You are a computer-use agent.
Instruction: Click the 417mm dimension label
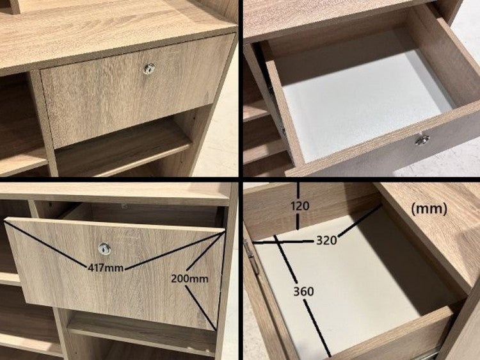106,268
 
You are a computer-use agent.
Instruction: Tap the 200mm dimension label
189,279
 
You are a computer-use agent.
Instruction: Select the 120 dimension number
300,206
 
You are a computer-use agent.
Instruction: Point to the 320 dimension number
326,240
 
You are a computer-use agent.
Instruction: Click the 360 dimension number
303,291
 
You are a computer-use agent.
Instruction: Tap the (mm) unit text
429,209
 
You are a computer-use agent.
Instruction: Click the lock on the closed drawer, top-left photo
149,69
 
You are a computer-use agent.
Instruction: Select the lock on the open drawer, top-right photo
422,139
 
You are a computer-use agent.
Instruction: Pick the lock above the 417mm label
105,249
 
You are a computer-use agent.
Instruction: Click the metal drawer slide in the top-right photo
277,110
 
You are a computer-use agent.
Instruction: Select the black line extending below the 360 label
317,328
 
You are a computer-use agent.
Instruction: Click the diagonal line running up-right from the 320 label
360,222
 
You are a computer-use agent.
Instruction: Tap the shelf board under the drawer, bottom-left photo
141,332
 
